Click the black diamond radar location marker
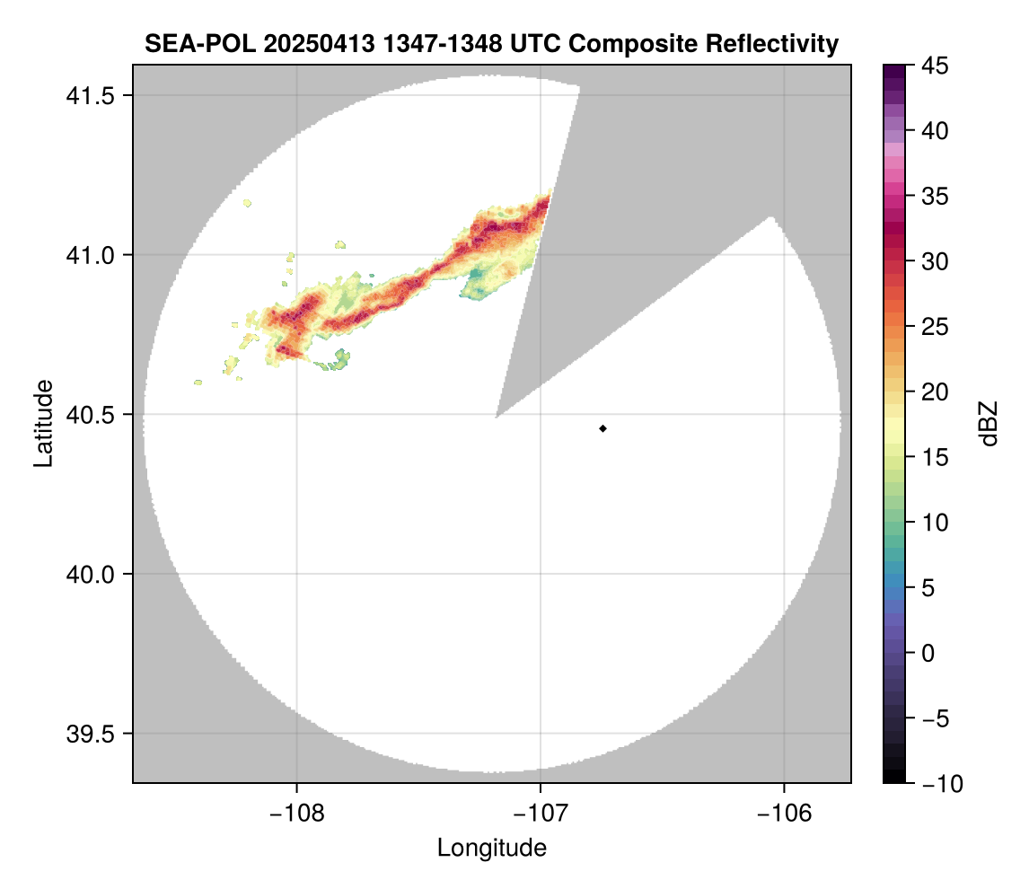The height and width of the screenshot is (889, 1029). click(603, 428)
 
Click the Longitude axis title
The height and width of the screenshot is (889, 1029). click(491, 848)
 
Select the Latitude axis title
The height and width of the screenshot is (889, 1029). click(43, 423)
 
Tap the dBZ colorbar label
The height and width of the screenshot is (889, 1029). click(989, 424)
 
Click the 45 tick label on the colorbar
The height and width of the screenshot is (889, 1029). click(935, 66)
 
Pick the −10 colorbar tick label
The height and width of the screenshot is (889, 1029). click(939, 784)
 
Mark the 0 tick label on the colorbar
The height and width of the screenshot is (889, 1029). click(929, 653)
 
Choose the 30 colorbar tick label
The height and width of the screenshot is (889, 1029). click(935, 261)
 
